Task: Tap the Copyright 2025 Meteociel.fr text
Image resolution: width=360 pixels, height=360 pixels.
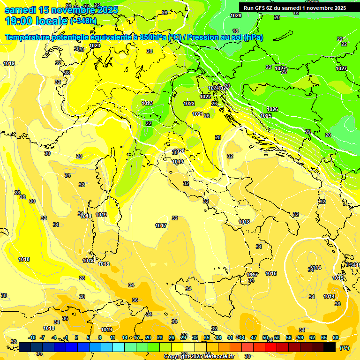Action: (x=199, y=356)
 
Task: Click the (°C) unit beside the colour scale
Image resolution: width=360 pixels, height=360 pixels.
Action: (x=345, y=347)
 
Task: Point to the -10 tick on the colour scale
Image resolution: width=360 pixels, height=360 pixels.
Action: (x=32, y=337)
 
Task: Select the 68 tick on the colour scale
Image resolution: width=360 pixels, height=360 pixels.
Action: (x=336, y=337)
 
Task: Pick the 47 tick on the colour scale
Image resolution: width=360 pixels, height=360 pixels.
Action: (x=254, y=337)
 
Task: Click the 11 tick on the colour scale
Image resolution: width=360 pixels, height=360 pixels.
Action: (x=112, y=337)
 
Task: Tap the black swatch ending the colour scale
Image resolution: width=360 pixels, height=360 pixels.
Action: (x=330, y=347)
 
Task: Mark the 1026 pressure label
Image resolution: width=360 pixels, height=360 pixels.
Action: (x=272, y=109)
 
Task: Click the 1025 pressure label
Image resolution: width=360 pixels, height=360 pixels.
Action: (x=266, y=116)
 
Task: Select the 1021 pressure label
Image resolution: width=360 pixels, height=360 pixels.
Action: (x=197, y=114)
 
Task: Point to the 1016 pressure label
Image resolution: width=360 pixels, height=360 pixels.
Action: (x=271, y=273)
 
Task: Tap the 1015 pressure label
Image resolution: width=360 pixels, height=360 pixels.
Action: (x=338, y=278)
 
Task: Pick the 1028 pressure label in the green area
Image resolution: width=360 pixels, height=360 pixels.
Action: (x=236, y=15)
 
